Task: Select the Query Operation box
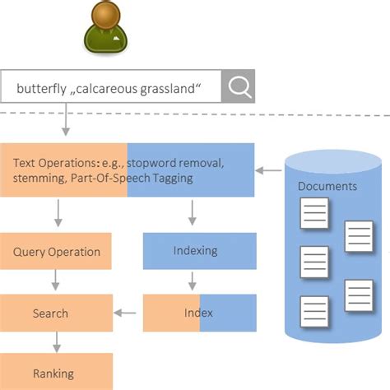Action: click(56, 252)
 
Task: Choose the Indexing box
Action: click(195, 250)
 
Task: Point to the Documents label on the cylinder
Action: click(327, 186)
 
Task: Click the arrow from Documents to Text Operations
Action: click(267, 170)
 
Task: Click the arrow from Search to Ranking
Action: click(56, 343)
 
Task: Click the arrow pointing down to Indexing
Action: click(192, 215)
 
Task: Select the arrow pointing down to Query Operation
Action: click(56, 215)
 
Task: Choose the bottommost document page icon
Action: click(314, 310)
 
